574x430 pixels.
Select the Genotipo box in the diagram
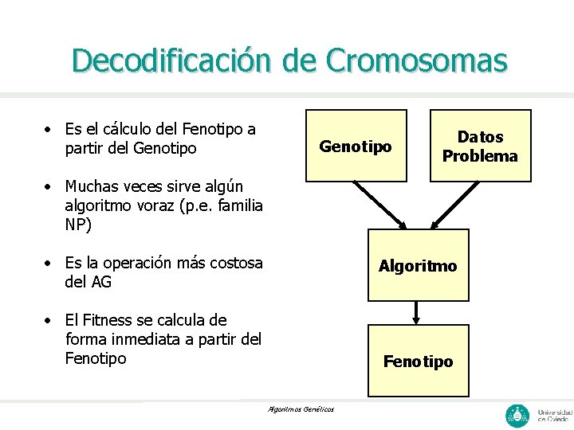click(356, 146)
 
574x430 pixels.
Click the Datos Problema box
click(480, 146)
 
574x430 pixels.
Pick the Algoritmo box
click(418, 265)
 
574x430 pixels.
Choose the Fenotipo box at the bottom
click(418, 361)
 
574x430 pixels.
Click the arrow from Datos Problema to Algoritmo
click(455, 205)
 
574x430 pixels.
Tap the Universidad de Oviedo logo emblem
click(517, 415)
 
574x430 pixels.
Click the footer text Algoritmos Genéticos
click(301, 409)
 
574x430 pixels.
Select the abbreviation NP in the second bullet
click(78, 225)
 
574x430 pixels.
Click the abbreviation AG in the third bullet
click(100, 282)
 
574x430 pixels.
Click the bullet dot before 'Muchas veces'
click(49, 187)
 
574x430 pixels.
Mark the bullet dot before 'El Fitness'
click(49, 321)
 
